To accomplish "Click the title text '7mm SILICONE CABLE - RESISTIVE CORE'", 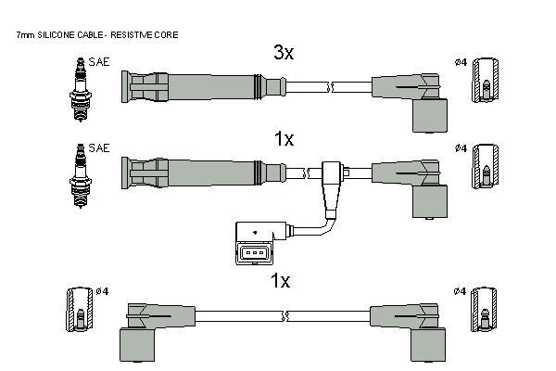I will coord(97,34).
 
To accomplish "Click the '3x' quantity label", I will coord(283,53).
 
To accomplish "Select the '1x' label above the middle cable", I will coord(283,139).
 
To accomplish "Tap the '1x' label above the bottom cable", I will coord(280,280).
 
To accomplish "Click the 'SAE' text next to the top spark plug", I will coord(99,62).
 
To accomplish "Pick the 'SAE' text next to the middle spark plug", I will coord(99,148).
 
